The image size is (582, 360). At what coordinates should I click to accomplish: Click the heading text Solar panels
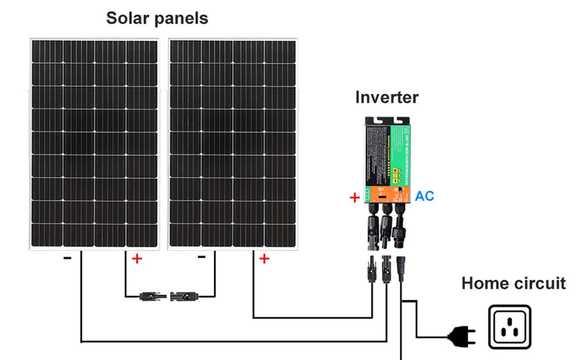coord(157,18)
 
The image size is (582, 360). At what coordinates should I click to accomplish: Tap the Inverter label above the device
coord(386,97)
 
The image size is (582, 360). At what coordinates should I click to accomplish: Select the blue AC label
coord(424,195)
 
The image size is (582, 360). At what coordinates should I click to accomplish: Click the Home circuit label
coord(513,283)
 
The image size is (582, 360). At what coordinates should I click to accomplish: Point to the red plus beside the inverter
coord(354,198)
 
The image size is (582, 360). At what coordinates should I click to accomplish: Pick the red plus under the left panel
coord(137,259)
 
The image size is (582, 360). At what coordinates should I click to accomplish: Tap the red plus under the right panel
coord(264,259)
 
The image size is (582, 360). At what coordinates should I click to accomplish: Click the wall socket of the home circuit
coord(510,327)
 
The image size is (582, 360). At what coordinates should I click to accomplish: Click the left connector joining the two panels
coord(153,297)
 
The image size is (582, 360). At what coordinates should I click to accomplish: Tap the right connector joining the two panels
coord(184,297)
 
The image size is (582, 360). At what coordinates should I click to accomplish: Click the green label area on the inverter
coord(401,151)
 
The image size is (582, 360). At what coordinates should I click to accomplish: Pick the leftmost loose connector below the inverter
coord(370,269)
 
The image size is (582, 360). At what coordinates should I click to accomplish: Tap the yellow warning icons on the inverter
coord(401,173)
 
